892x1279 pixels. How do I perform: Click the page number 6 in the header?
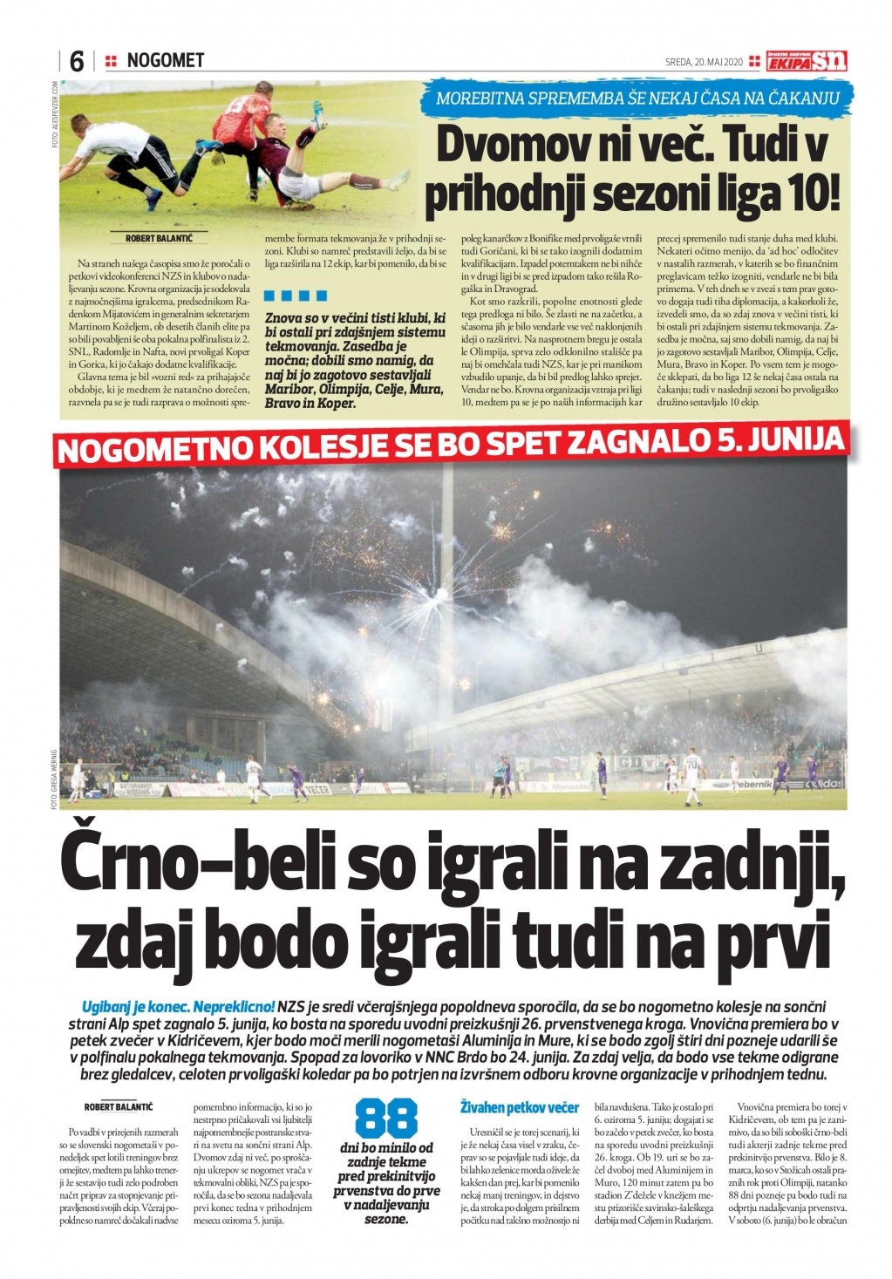tap(76, 61)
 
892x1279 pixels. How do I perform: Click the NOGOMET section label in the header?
tap(165, 60)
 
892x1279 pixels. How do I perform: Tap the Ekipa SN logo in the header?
tap(806, 60)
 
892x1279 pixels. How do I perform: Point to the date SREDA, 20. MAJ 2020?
tap(703, 62)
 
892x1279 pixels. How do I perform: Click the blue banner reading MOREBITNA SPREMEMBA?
tap(637, 98)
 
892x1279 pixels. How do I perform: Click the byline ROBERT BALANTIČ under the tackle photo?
tap(159, 237)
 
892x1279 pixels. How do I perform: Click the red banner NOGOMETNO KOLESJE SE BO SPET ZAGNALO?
tap(451, 445)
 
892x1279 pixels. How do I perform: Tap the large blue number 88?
tap(386, 1119)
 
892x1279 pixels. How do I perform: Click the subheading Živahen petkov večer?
tap(519, 1107)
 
